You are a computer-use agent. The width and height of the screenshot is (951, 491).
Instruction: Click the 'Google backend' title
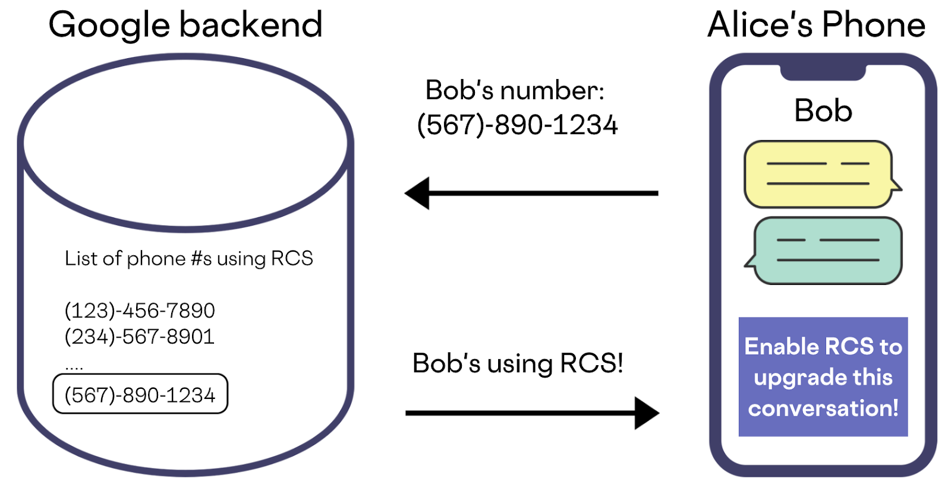(x=185, y=26)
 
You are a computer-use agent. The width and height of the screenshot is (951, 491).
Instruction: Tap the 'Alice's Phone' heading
(x=816, y=26)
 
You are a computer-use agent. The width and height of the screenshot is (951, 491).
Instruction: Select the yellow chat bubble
(x=818, y=174)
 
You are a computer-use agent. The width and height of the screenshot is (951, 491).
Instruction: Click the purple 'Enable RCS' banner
(x=823, y=376)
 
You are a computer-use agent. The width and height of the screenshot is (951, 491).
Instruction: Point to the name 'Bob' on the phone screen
(x=823, y=110)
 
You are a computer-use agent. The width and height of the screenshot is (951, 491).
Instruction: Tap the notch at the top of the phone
(x=823, y=72)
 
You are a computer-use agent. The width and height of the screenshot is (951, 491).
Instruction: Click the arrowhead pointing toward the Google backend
(x=417, y=193)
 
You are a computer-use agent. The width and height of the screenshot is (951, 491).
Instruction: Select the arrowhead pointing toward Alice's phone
(x=647, y=413)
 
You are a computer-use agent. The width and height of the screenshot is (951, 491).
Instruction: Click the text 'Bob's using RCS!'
(x=518, y=363)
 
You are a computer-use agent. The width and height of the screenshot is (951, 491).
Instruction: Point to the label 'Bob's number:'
(x=515, y=90)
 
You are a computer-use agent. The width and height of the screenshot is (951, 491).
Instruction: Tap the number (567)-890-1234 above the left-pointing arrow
(x=518, y=125)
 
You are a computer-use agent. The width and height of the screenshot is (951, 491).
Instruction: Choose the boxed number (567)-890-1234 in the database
(x=140, y=394)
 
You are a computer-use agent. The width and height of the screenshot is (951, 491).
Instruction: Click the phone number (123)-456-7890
(x=140, y=311)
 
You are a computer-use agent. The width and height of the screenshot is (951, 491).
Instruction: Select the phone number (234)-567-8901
(x=140, y=337)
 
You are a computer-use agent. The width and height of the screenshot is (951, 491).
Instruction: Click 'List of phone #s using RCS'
(x=188, y=258)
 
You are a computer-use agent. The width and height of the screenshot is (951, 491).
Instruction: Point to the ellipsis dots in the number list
(x=74, y=368)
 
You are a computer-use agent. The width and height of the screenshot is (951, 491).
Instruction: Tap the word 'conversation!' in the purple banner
(x=823, y=408)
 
